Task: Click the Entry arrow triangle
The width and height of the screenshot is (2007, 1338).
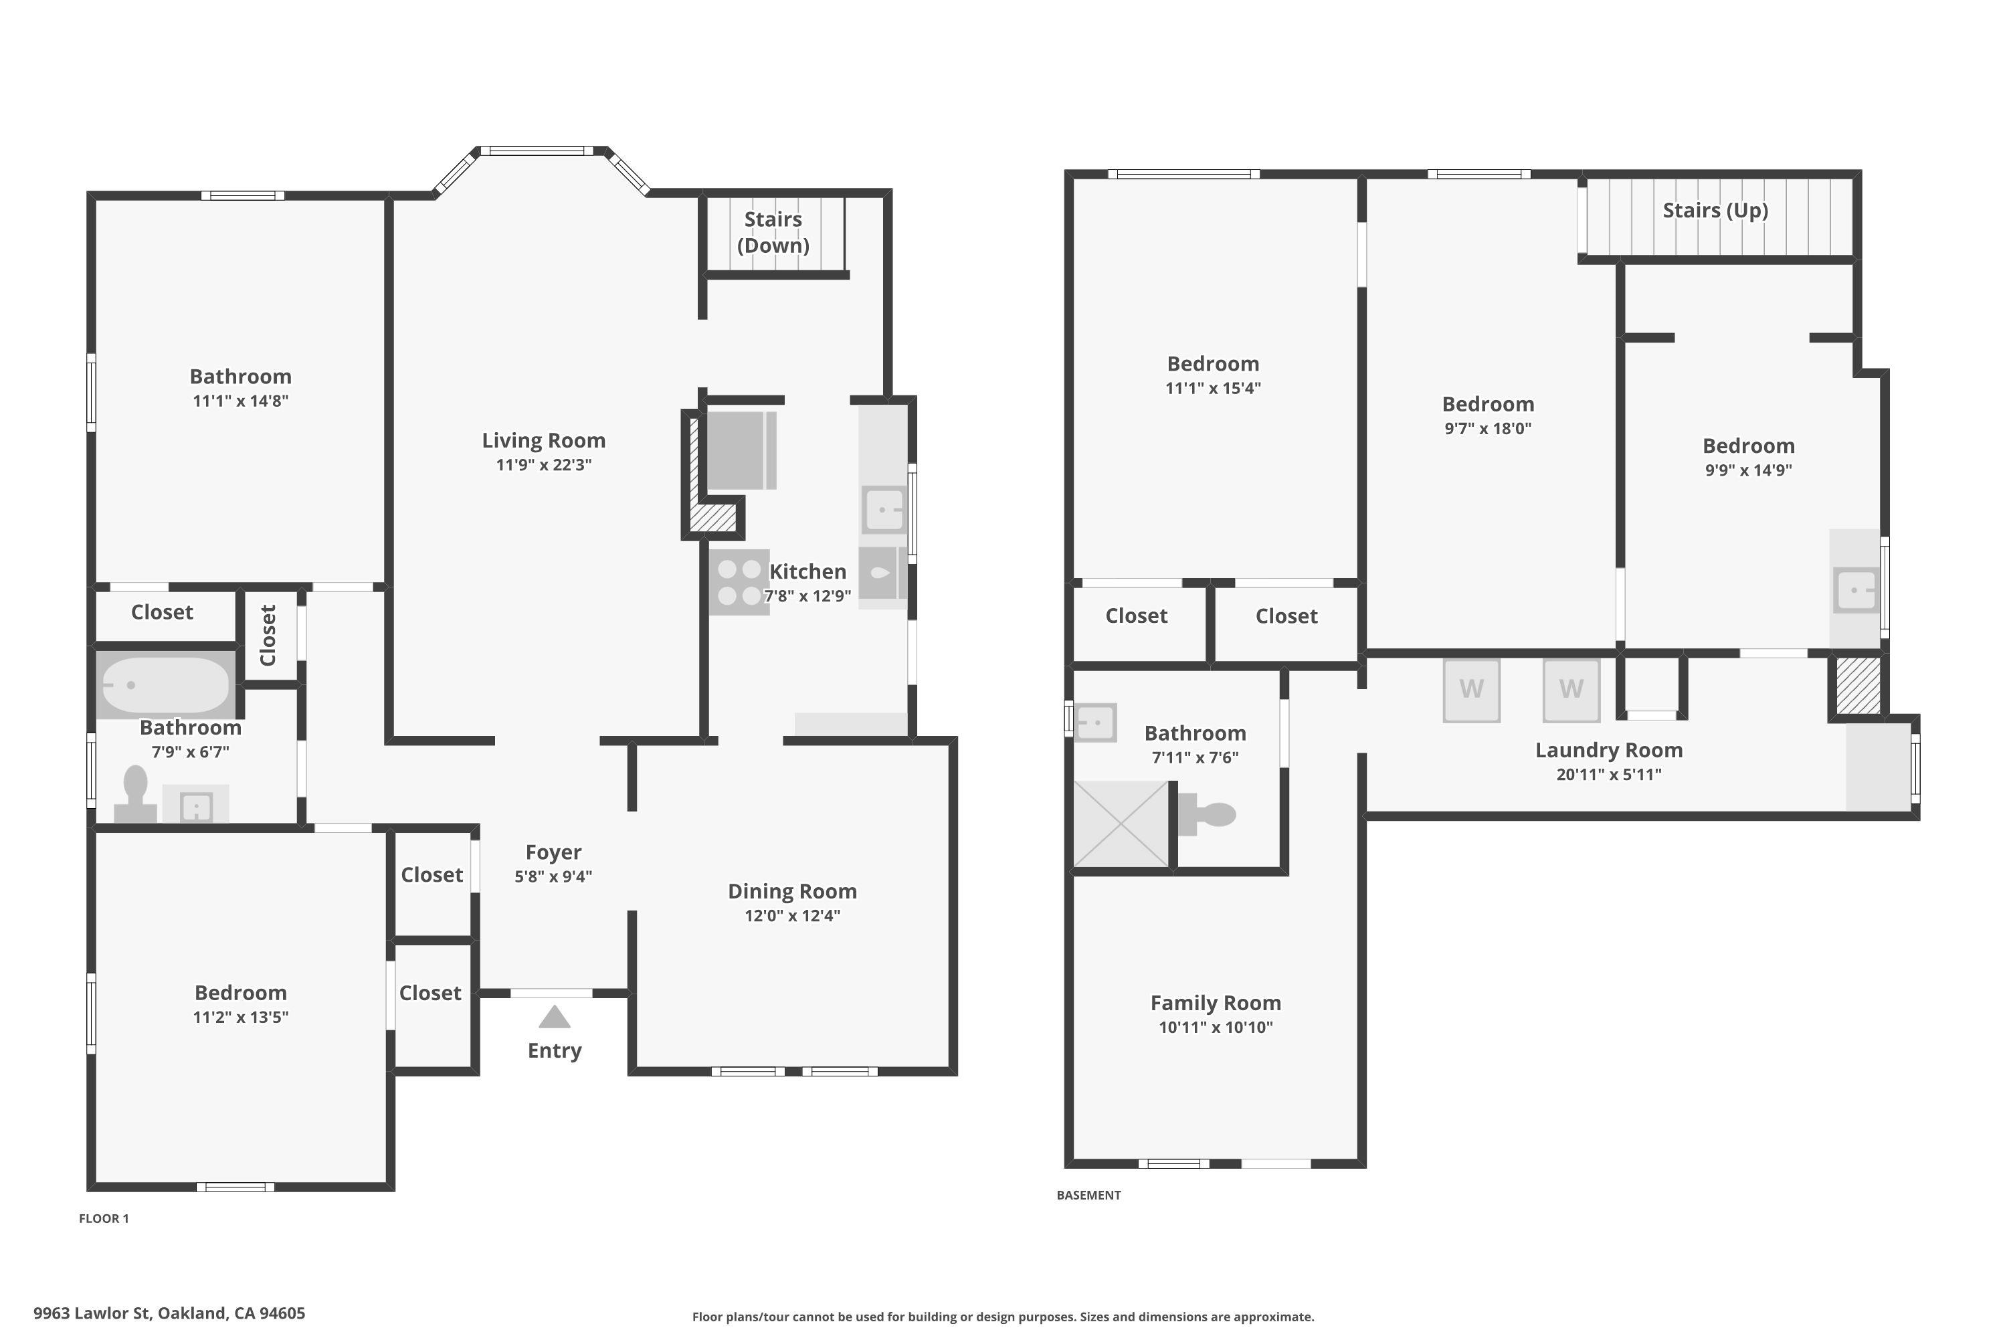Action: tap(555, 1017)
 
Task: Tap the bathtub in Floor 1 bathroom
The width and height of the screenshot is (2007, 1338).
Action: tap(165, 684)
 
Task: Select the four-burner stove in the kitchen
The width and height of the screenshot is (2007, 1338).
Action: tap(739, 582)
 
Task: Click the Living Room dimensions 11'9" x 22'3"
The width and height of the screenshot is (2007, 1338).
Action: tap(543, 465)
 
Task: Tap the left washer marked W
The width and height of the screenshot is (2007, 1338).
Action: tap(1471, 690)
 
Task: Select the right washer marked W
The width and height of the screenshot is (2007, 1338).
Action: tap(1571, 690)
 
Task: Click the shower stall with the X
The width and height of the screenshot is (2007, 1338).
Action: tap(1121, 824)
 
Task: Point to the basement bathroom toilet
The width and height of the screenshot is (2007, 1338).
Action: tap(1208, 815)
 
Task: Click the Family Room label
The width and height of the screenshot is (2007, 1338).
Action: tap(1215, 1003)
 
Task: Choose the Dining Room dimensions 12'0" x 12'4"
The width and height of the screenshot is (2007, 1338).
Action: tap(792, 916)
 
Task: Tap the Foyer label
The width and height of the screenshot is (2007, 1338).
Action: tap(553, 852)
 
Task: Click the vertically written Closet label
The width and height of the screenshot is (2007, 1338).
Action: tap(268, 635)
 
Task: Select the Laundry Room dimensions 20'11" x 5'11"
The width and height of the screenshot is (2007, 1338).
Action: tap(1608, 775)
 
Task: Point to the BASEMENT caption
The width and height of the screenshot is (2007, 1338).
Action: tap(1088, 1196)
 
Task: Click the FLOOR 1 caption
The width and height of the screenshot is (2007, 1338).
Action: tap(104, 1218)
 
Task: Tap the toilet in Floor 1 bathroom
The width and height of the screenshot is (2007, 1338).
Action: tap(136, 793)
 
